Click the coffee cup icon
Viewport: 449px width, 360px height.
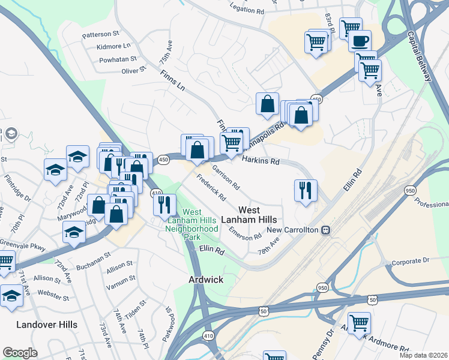[360, 41]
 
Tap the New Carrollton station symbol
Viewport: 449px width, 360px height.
[325, 230]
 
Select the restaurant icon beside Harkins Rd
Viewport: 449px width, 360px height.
[306, 190]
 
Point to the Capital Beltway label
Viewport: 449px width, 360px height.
[419, 57]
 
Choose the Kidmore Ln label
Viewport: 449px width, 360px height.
[113, 46]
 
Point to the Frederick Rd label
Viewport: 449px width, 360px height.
[211, 188]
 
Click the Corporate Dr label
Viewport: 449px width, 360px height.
[411, 262]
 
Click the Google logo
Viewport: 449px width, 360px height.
[20, 353]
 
